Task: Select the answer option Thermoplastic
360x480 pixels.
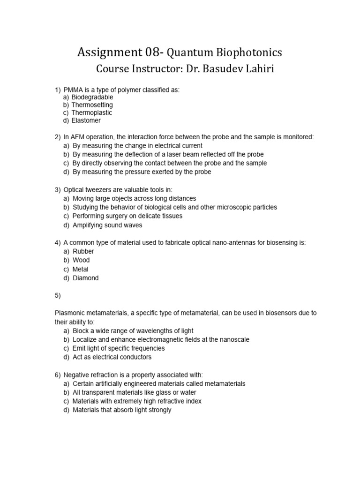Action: click(92, 112)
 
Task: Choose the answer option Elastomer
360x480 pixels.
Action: click(86, 120)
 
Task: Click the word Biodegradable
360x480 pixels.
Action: click(92, 97)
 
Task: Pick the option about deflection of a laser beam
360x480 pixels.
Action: click(168, 154)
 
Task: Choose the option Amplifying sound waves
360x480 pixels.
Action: click(107, 225)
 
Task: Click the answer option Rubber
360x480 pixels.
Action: click(83, 251)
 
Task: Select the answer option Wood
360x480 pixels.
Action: click(81, 260)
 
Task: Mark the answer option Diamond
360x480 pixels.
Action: click(86, 278)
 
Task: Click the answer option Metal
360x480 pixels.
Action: click(81, 269)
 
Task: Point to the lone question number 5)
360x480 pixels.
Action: click(58, 295)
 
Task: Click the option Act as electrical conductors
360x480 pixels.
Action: click(112, 357)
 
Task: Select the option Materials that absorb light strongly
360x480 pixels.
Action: click(122, 410)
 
